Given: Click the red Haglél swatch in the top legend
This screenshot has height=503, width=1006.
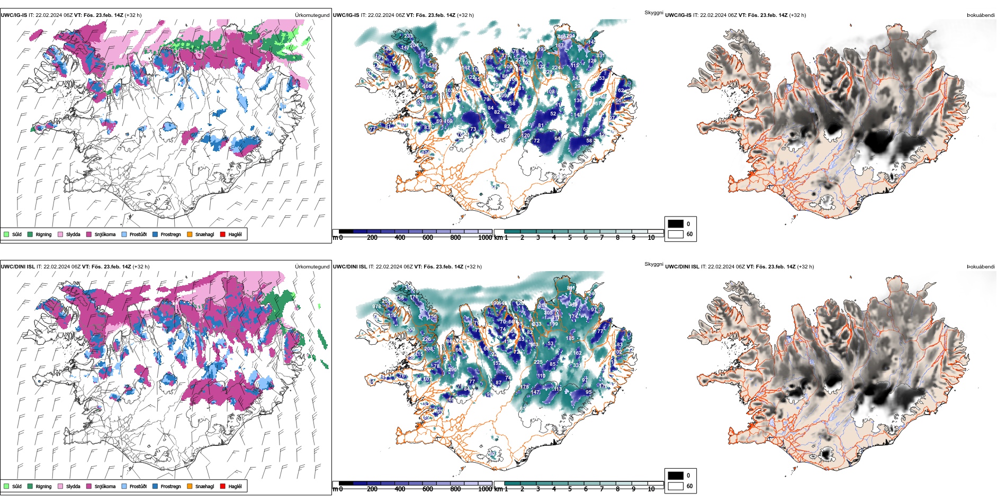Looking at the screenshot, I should [223, 234].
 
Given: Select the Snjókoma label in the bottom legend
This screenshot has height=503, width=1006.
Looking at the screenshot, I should [105, 486].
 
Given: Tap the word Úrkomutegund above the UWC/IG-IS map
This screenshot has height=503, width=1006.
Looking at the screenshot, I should [312, 15].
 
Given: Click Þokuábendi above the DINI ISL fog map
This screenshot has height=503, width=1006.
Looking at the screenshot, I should [981, 267].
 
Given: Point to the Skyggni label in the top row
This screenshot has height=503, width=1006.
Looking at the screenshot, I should [653, 13].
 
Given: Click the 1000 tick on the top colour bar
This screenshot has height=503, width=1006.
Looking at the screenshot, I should [484, 238].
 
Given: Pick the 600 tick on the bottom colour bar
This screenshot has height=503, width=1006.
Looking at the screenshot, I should [428, 489].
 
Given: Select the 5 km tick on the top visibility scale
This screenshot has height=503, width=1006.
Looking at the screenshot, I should [570, 238].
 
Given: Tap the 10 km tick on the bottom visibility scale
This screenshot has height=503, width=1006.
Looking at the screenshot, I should [651, 489].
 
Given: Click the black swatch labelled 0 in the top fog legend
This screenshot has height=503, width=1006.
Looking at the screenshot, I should [676, 224].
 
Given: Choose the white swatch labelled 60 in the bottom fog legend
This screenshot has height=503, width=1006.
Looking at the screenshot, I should [676, 486].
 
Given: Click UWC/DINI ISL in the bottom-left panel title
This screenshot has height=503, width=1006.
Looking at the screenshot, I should [17, 267].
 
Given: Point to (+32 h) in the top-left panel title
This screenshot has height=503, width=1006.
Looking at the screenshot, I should [133, 15].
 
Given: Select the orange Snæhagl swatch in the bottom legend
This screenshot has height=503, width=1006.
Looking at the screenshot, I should [190, 486].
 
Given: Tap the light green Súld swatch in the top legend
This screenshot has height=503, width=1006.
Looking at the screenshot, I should [6, 234].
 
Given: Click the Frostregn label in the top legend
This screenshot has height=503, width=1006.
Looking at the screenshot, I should [170, 235].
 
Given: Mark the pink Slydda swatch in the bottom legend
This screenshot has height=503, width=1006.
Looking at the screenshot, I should [60, 486].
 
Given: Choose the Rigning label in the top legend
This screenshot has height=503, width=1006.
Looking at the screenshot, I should [43, 235].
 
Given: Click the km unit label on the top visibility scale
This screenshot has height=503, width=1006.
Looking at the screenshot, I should [498, 238].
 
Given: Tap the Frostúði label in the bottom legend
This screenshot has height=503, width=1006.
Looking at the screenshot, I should [138, 486].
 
